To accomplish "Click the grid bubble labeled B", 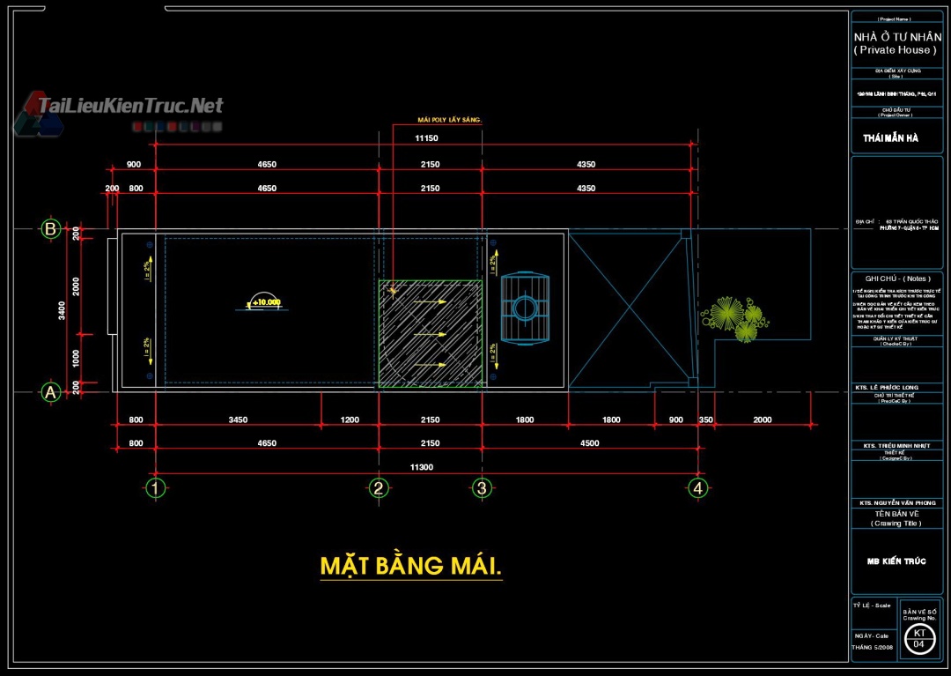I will coord(51,229).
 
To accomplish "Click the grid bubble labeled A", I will coord(51,393).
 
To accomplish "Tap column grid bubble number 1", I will coord(156,487).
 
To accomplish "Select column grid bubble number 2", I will coord(379,487).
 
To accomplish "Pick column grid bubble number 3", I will coord(481,487).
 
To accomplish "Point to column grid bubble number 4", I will coord(697,487).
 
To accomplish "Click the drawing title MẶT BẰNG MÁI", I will coord(410,566).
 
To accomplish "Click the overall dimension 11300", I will coord(422,467).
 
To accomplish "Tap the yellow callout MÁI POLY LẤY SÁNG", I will coord(449,120).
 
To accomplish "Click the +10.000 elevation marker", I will coord(264,302).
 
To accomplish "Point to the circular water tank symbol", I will coord(525,308).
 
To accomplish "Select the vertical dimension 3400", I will coord(62,310).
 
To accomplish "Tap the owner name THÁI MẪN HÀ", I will coord(890,138).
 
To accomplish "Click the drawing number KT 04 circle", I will coord(918,639).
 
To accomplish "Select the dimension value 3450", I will coord(238,420).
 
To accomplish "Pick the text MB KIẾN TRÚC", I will coord(896,561).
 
